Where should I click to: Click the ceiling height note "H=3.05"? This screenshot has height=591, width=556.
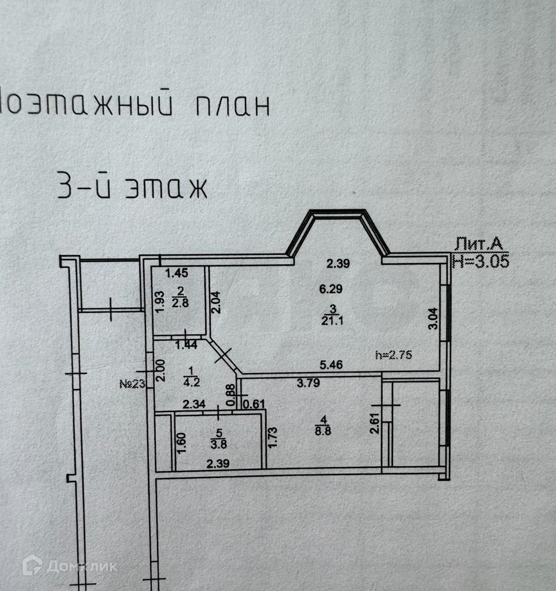(480, 261)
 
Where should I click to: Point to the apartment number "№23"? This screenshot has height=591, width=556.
(132, 383)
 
